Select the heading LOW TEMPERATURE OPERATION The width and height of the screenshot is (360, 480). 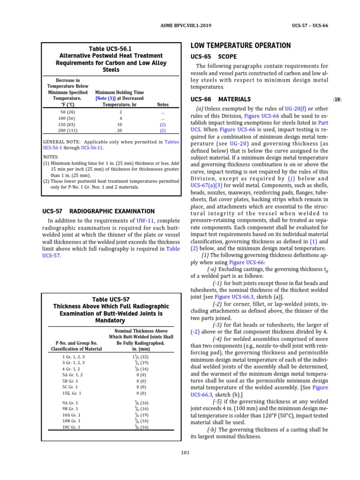point(240,45)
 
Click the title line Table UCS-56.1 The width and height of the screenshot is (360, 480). point(111,49)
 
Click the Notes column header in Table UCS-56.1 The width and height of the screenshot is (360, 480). point(162,105)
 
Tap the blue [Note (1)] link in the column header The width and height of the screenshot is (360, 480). point(105,98)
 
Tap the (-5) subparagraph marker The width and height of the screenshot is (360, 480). point(217,401)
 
